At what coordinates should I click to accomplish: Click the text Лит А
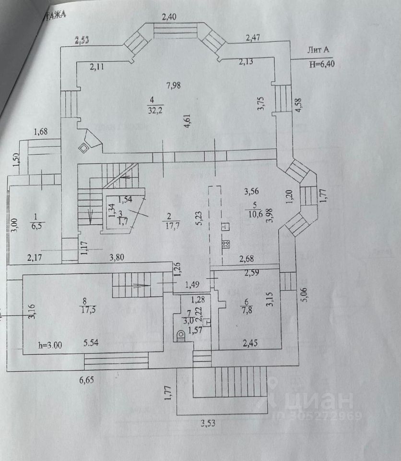tap(319, 50)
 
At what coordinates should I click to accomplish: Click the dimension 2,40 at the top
tap(169, 18)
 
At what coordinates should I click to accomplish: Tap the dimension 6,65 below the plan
tap(87, 380)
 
